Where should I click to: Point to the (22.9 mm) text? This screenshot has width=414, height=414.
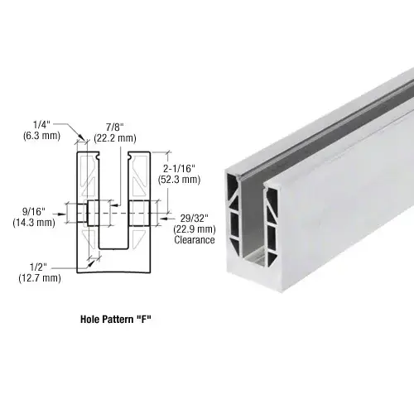click(195, 229)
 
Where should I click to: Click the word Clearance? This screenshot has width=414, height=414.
click(195, 240)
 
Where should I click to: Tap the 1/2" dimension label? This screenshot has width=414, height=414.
click(40, 267)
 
